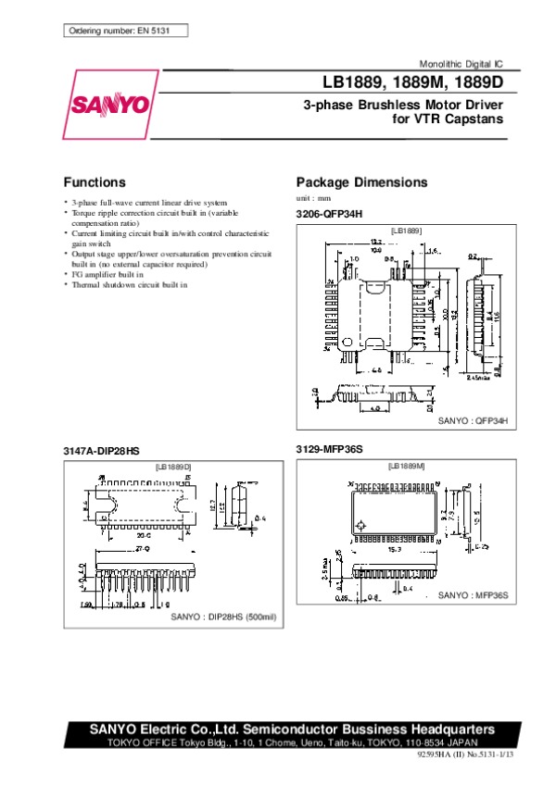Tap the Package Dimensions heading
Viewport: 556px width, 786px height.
tap(361, 182)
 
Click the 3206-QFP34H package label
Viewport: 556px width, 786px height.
tap(330, 215)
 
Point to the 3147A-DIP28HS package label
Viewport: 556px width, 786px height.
tap(101, 450)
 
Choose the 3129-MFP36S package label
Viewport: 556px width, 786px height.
tap(330, 449)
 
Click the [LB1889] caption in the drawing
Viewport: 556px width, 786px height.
tap(406, 230)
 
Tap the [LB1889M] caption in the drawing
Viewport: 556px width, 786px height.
tap(406, 466)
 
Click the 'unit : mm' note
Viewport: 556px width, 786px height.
tap(313, 199)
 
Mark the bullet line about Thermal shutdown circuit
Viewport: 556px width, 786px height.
tap(128, 285)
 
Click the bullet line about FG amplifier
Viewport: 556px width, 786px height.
tap(108, 275)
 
